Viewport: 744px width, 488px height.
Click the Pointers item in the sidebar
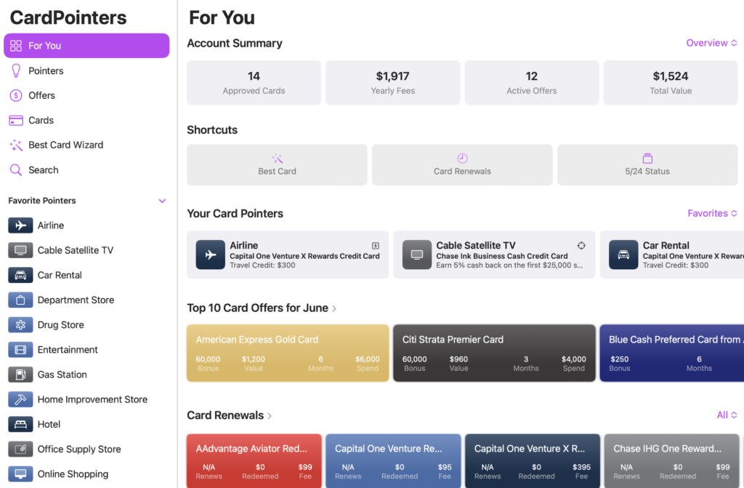45,71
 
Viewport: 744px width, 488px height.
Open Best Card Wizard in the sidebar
65,145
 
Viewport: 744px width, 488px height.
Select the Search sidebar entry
43,169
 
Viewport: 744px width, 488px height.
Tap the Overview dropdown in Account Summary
711,43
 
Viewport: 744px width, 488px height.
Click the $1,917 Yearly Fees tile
392,82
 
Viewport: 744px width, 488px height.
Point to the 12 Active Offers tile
531,82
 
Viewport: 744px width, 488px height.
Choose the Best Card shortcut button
277,164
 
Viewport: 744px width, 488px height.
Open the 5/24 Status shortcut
647,164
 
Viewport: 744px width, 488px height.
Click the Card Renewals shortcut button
462,164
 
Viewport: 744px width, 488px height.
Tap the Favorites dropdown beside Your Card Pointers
712,213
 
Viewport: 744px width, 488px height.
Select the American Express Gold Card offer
287,353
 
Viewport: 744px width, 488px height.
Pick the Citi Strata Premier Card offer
494,353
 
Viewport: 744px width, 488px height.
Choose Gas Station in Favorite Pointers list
62,375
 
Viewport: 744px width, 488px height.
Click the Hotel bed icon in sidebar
20,424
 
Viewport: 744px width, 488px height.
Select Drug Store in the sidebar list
60,324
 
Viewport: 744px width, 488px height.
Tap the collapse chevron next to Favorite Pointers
162,201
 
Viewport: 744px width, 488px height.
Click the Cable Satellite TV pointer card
494,255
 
